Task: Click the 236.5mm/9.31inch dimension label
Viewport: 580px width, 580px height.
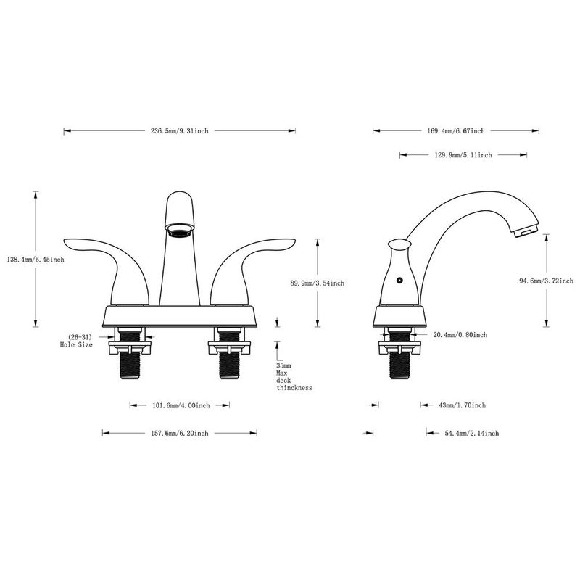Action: [x=179, y=131]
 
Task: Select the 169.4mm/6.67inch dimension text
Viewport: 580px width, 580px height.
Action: [x=455, y=131]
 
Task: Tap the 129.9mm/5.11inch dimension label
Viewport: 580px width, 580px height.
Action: [x=463, y=155]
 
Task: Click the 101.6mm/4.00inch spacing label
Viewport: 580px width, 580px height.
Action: [x=181, y=405]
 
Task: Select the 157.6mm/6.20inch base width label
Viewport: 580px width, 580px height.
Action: [x=179, y=433]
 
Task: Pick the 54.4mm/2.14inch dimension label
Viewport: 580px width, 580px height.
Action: [x=462, y=433]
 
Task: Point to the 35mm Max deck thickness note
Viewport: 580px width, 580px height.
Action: [x=294, y=377]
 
